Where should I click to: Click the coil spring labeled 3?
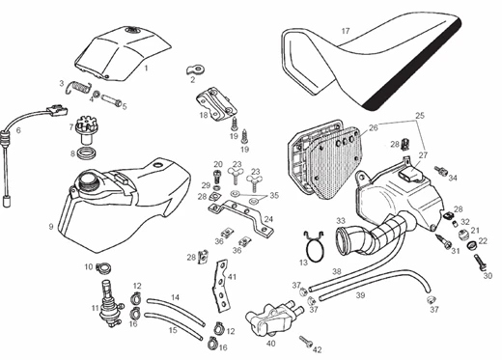78,87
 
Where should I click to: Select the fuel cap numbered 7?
85,130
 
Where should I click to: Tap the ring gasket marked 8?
86,152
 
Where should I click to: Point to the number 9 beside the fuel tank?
51,227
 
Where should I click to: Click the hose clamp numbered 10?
104,267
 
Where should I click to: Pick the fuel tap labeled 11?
108,303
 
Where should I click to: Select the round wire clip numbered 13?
315,248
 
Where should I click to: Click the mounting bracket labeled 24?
240,216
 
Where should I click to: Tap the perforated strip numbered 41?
220,286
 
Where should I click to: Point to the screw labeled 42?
306,342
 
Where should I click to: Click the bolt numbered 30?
480,262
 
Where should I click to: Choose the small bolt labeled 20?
218,177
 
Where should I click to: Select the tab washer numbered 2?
195,69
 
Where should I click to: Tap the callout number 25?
420,115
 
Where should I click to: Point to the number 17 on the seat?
346,31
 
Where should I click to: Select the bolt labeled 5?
112,99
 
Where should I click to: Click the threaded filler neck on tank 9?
88,180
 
